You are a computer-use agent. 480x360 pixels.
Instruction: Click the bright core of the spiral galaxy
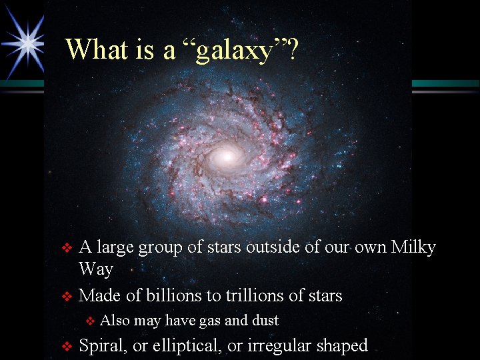pos(227,157)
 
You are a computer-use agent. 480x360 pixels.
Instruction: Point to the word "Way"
pos(96,269)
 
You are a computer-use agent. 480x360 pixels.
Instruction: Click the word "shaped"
pos(342,345)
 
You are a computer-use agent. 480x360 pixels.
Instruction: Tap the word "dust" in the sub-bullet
pos(265,321)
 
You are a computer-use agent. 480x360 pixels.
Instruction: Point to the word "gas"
pos(210,321)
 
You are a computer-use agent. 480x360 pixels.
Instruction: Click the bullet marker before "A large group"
pos(66,248)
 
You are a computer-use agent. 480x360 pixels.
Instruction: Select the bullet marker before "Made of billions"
pos(66,296)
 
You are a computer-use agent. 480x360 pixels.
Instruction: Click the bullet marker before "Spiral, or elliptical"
pos(66,346)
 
